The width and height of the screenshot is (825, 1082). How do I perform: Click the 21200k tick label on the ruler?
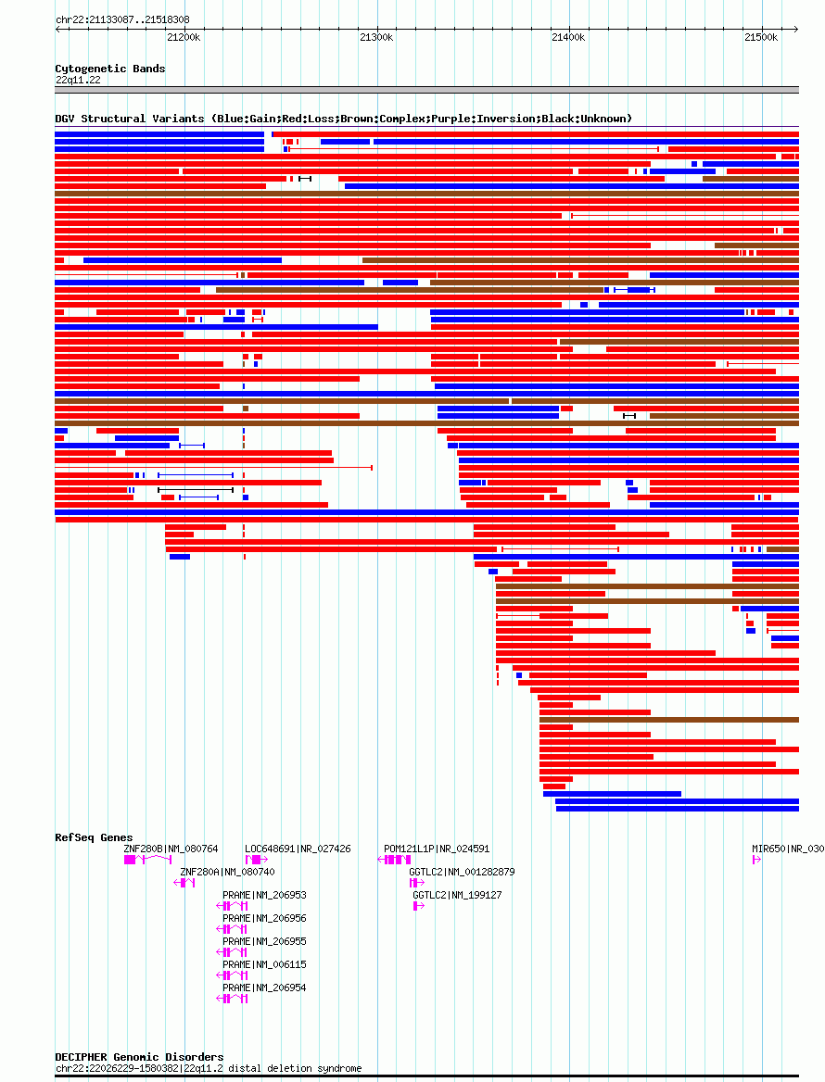click(184, 37)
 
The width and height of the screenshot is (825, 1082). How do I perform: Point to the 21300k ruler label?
click(376, 37)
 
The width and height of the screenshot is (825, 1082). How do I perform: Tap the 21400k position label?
click(568, 37)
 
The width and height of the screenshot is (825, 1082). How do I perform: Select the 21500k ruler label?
click(761, 37)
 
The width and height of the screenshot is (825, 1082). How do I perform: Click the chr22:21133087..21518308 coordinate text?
click(122, 20)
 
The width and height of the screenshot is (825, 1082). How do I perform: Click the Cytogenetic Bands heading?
click(109, 69)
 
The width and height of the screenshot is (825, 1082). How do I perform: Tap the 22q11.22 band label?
click(78, 80)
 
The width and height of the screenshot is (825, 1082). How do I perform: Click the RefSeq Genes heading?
click(94, 837)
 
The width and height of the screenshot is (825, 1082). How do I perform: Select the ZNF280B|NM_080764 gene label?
click(171, 849)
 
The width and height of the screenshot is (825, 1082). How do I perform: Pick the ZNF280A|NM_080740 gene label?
click(227, 873)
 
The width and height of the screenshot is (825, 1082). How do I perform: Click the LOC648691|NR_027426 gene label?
click(298, 849)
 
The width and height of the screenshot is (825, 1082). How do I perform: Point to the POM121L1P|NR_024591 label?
click(437, 849)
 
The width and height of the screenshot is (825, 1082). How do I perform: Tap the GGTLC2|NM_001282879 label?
click(462, 873)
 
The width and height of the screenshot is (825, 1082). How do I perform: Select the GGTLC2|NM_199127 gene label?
click(457, 895)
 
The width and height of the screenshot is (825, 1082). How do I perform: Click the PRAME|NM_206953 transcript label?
click(264, 895)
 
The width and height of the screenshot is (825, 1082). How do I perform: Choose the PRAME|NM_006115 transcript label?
click(264, 964)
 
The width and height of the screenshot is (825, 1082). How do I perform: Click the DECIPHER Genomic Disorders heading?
click(139, 1057)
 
